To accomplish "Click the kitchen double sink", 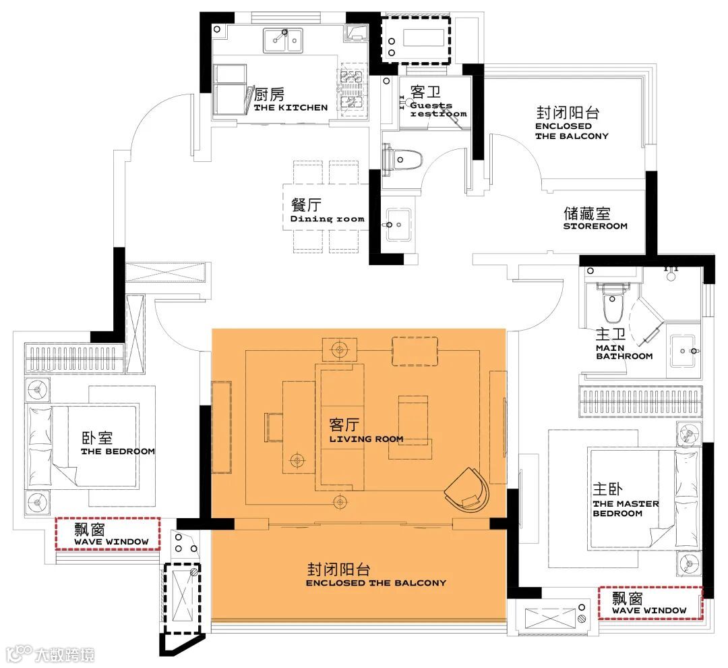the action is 283,40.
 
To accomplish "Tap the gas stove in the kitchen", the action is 351,89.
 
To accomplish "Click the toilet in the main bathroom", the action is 613,302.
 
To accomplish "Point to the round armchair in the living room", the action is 466,491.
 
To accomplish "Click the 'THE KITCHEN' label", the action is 291,107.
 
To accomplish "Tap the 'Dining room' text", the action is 328,219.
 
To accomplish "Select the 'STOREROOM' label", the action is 595,226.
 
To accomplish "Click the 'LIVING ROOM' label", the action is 366,439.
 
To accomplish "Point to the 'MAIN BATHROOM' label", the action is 624,352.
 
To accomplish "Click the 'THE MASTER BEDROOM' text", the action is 626,509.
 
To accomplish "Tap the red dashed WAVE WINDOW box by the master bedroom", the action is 650,603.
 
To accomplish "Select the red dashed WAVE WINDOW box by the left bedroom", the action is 108,534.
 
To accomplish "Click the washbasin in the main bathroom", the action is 683,350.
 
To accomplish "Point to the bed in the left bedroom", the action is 83,446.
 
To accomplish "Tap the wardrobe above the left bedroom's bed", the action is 74,358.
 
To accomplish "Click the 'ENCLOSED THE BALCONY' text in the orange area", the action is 375,583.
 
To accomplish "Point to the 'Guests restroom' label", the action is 438,109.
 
